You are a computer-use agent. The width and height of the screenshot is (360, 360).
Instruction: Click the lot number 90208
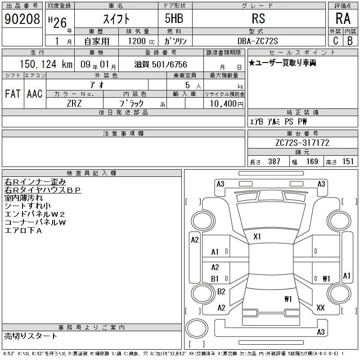click(22, 19)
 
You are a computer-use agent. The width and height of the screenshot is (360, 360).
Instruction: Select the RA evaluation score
click(343, 18)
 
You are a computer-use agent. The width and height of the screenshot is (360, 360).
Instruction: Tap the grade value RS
click(258, 18)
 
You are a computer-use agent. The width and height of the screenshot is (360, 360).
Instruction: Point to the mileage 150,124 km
click(46, 64)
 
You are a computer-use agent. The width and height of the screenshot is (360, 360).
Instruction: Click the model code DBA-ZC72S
click(257, 41)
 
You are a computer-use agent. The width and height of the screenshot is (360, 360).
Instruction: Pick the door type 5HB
click(174, 18)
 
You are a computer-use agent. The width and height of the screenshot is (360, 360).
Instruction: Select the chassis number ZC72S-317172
click(302, 143)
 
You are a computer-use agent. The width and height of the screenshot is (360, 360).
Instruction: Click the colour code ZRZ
click(74, 103)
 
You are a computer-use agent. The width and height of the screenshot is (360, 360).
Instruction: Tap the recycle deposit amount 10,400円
click(226, 104)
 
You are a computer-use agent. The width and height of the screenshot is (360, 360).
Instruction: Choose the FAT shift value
click(13, 94)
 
